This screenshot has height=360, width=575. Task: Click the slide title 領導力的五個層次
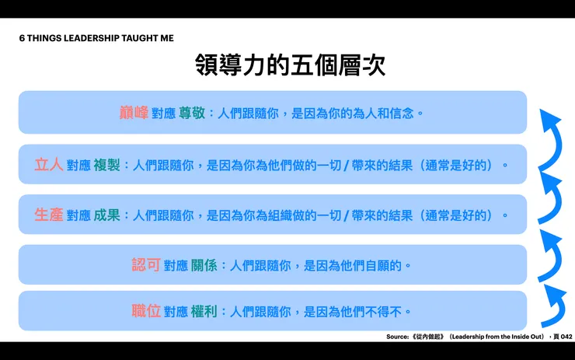pyautogui.click(x=290, y=65)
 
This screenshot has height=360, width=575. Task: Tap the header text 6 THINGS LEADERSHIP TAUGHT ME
pyautogui.click(x=96, y=38)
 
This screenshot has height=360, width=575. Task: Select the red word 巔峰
pyautogui.click(x=134, y=113)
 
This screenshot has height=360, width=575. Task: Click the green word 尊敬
pyautogui.click(x=192, y=113)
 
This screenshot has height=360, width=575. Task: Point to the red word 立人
pyautogui.click(x=49, y=165)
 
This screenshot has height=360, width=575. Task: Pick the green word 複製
pyautogui.click(x=106, y=165)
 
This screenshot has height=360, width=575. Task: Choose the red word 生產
pyautogui.click(x=49, y=215)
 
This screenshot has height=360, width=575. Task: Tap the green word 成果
pyautogui.click(x=106, y=215)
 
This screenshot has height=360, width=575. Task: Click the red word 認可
pyautogui.click(x=146, y=264)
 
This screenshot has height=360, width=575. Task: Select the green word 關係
pyautogui.click(x=204, y=265)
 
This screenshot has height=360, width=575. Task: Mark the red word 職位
pyautogui.click(x=146, y=311)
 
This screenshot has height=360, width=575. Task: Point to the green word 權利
pyautogui.click(x=204, y=312)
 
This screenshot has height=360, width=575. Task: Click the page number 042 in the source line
pyautogui.click(x=566, y=337)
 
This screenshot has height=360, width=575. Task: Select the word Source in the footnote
pyautogui.click(x=397, y=337)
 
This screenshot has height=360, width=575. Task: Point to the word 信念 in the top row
pyautogui.click(x=402, y=114)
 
